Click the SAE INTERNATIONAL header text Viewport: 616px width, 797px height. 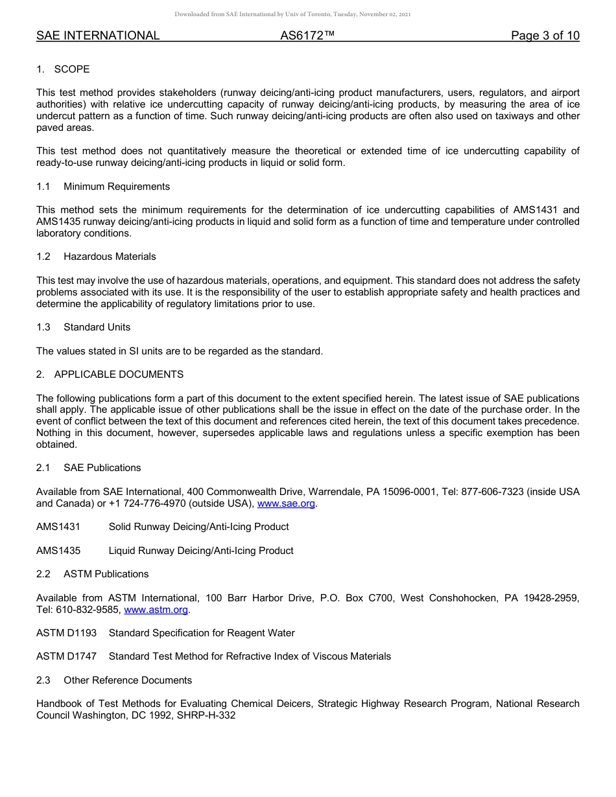[x=98, y=36]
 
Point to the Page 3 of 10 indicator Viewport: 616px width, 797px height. [x=545, y=36]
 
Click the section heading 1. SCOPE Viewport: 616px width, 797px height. [x=63, y=69]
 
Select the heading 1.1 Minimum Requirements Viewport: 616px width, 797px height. [x=103, y=187]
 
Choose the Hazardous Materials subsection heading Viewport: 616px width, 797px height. [x=110, y=257]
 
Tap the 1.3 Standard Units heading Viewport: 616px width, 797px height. [x=84, y=327]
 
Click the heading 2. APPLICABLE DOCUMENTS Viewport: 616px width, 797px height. [x=110, y=375]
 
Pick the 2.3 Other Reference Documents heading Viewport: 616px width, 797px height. [x=114, y=680]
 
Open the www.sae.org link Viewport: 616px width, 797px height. [x=286, y=503]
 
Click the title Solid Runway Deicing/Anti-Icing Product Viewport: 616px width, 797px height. [x=198, y=527]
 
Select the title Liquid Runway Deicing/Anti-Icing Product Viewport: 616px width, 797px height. [x=201, y=551]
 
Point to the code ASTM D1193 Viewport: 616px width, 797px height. [x=66, y=633]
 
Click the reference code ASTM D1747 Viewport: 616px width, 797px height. [x=66, y=656]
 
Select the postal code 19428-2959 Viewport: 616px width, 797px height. [x=553, y=598]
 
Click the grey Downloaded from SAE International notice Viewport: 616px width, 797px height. [x=292, y=14]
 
